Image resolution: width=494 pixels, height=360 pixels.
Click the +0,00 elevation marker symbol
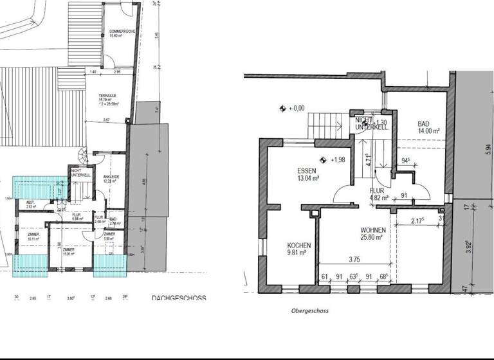(282, 109)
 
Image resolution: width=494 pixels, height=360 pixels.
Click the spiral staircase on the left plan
(82, 156)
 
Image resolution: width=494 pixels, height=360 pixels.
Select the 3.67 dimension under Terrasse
(108, 120)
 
